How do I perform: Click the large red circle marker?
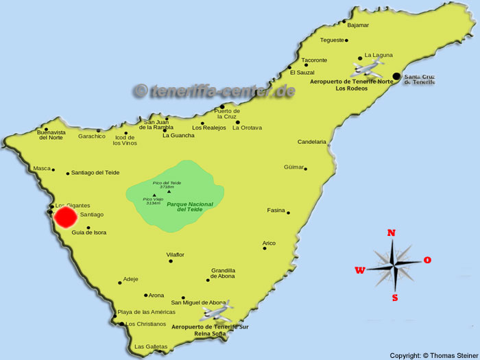pos(66,217)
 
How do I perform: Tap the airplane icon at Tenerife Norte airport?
pos(367,68)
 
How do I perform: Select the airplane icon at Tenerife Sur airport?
pos(217,312)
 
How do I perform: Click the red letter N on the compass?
pos(392,233)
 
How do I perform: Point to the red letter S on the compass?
pos(395,298)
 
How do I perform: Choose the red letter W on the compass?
pos(360,270)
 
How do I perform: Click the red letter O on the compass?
pos(427,260)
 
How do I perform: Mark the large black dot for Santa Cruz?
pos(396,76)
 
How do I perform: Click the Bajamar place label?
pos(358,25)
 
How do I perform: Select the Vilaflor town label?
pos(175,254)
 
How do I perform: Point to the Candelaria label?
pos(312,142)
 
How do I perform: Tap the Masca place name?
pos(41,168)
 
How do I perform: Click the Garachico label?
pos(92,136)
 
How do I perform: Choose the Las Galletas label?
pos(151,346)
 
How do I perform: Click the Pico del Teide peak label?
pos(167,184)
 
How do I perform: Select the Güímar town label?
pos(293,167)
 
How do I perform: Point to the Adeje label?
pos(130,279)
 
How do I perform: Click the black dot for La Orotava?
pos(237,122)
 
